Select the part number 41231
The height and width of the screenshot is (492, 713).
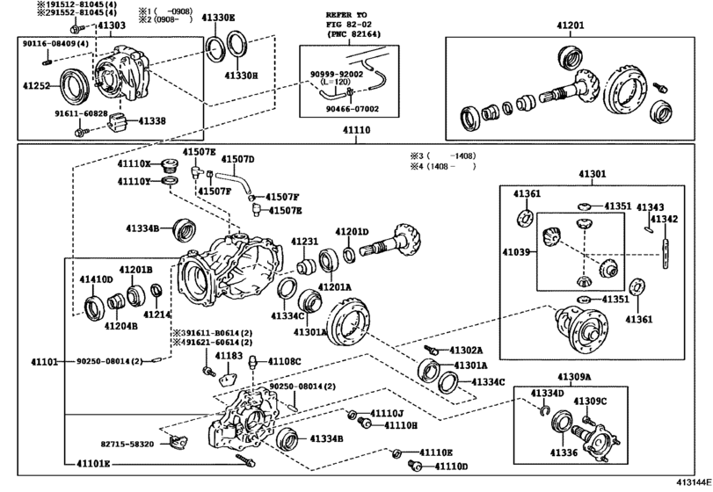(304, 241)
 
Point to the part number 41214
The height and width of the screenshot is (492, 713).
(157, 314)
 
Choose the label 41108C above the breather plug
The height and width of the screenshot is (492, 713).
(284, 361)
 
